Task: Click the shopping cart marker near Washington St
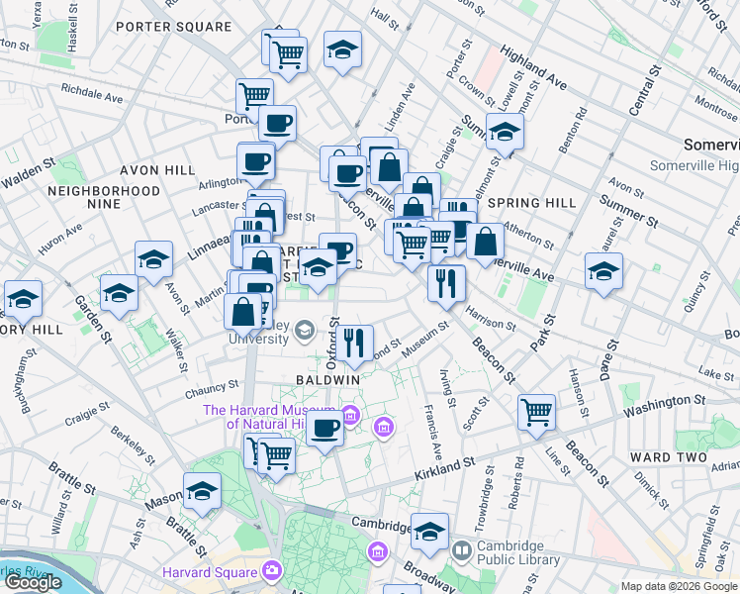pyautogui.click(x=536, y=411)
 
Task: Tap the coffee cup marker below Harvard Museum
pyautogui.click(x=324, y=428)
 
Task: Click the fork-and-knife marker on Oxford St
pyautogui.click(x=355, y=343)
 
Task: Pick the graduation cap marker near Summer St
pyautogui.click(x=505, y=132)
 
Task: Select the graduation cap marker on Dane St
pyautogui.click(x=603, y=271)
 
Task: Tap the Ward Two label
pyautogui.click(x=668, y=457)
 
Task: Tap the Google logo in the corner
pyautogui.click(x=33, y=582)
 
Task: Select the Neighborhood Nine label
pyautogui.click(x=104, y=197)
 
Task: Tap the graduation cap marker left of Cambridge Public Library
pyautogui.click(x=429, y=533)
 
